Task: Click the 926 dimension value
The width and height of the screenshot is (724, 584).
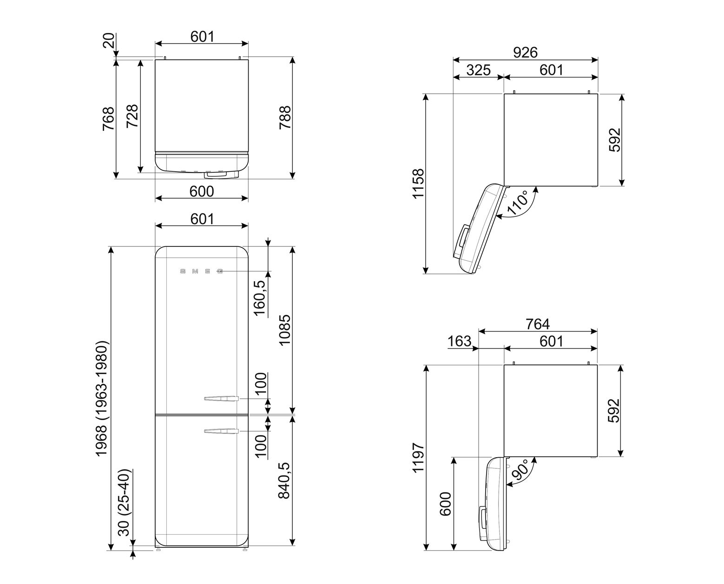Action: point(525,52)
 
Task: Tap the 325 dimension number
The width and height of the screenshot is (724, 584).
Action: point(478,70)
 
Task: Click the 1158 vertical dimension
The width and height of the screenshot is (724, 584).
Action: point(418,183)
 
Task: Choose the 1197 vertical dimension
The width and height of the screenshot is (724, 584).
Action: point(418,458)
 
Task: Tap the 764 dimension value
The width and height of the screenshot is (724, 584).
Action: point(538,324)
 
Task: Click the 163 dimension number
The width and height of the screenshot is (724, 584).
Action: point(460,341)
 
